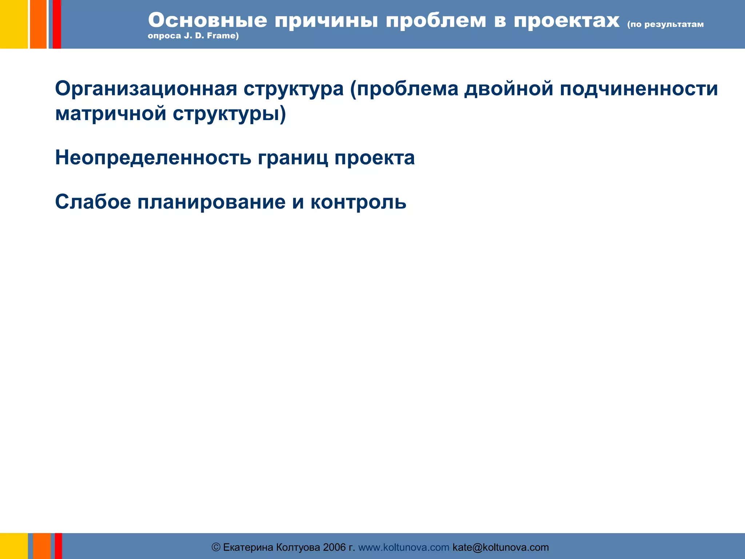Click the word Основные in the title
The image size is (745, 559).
point(207,20)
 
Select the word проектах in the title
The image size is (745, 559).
point(566,20)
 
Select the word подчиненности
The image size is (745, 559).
point(639,88)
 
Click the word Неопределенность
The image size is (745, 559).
point(153,158)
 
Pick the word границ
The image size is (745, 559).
point(293,158)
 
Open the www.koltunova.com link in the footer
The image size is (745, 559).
point(404,547)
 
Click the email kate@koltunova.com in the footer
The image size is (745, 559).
point(501,547)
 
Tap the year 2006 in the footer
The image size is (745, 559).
point(334,547)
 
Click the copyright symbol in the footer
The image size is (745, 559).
point(216,547)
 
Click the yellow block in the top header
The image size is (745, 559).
point(14,24)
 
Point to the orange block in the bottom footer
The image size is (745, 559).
point(42,546)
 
